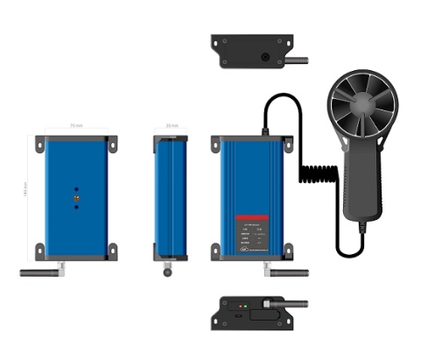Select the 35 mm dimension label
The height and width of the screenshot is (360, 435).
[x=172, y=127]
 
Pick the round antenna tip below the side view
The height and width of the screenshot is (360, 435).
[x=167, y=272]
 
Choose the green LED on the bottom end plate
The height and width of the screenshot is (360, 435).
[x=246, y=307]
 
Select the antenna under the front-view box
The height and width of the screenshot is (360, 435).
[x=287, y=272]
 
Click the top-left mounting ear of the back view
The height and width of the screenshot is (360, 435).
[x=40, y=140]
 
